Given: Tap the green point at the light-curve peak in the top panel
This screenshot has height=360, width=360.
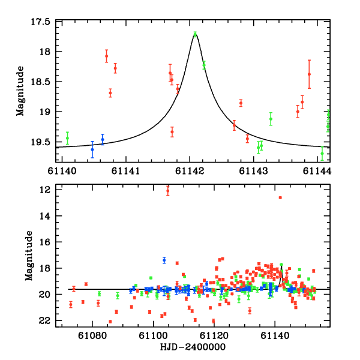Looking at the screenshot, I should pos(195,34).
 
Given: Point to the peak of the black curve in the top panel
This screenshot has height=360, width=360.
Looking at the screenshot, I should pos(195,34).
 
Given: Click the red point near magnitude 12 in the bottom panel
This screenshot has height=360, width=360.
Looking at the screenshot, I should pos(167,190).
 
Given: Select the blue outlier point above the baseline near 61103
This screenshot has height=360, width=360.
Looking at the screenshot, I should pos(164,260).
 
